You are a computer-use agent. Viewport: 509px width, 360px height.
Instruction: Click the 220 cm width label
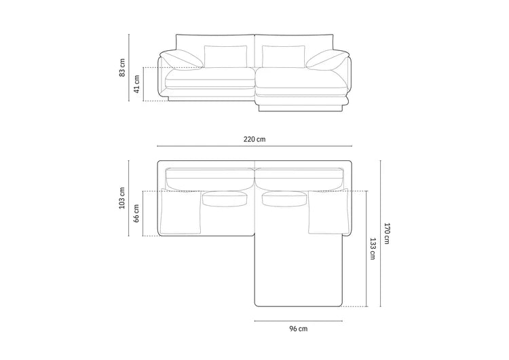[x=254, y=139]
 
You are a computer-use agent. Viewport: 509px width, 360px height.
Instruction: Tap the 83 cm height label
[x=122, y=67]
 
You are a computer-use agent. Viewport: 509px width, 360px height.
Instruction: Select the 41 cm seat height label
[x=136, y=84]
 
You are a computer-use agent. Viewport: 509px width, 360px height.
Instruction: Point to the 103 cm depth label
[x=122, y=198]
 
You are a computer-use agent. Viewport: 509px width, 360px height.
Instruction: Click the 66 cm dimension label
[x=136, y=213]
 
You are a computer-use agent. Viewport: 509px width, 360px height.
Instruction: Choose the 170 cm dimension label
[x=387, y=233]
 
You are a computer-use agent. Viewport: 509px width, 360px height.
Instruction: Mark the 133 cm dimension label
[x=373, y=249]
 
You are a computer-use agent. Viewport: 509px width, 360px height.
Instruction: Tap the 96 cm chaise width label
[x=299, y=329]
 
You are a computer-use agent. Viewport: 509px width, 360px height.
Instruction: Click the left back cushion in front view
[x=225, y=56]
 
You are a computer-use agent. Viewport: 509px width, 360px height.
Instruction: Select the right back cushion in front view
[x=284, y=56]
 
